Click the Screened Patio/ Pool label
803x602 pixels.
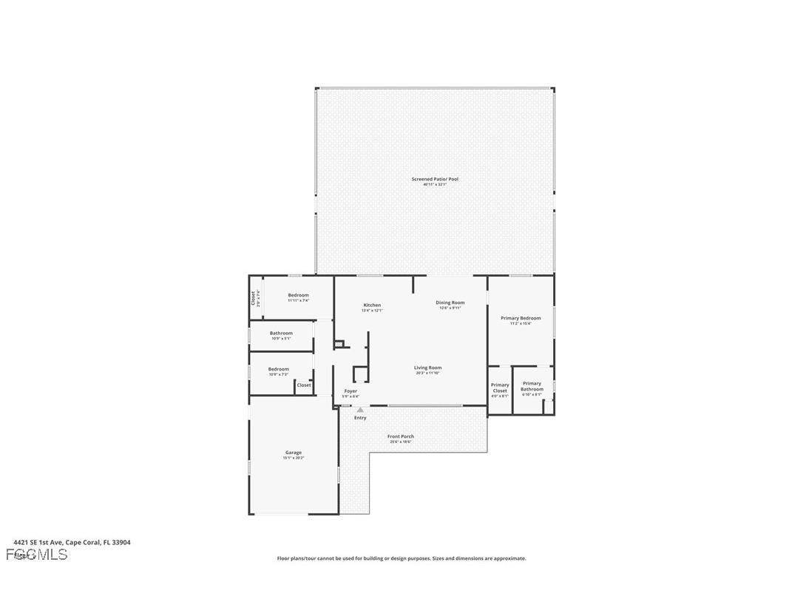pos(435,179)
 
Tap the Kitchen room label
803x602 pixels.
pos(372,305)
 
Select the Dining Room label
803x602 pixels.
pos(450,302)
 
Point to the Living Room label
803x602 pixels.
pos(427,368)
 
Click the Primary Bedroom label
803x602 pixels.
pos(521,318)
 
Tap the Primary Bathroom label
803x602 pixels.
pos(532,386)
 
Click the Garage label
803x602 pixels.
pos(294,453)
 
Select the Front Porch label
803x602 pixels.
pos(401,436)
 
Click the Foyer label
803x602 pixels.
pos(350,391)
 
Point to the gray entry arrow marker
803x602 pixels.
pos(360,410)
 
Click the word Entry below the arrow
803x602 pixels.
pos(360,418)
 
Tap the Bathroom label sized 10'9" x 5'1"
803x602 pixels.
pos(281,334)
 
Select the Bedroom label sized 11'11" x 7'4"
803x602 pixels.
pos(298,295)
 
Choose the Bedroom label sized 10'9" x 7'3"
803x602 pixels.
pos(279,369)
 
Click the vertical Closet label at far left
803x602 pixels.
pos(253,298)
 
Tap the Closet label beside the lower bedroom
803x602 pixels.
pos(304,385)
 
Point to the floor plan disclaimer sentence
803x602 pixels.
pos(402,558)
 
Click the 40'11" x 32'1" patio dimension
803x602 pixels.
pos(435,184)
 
